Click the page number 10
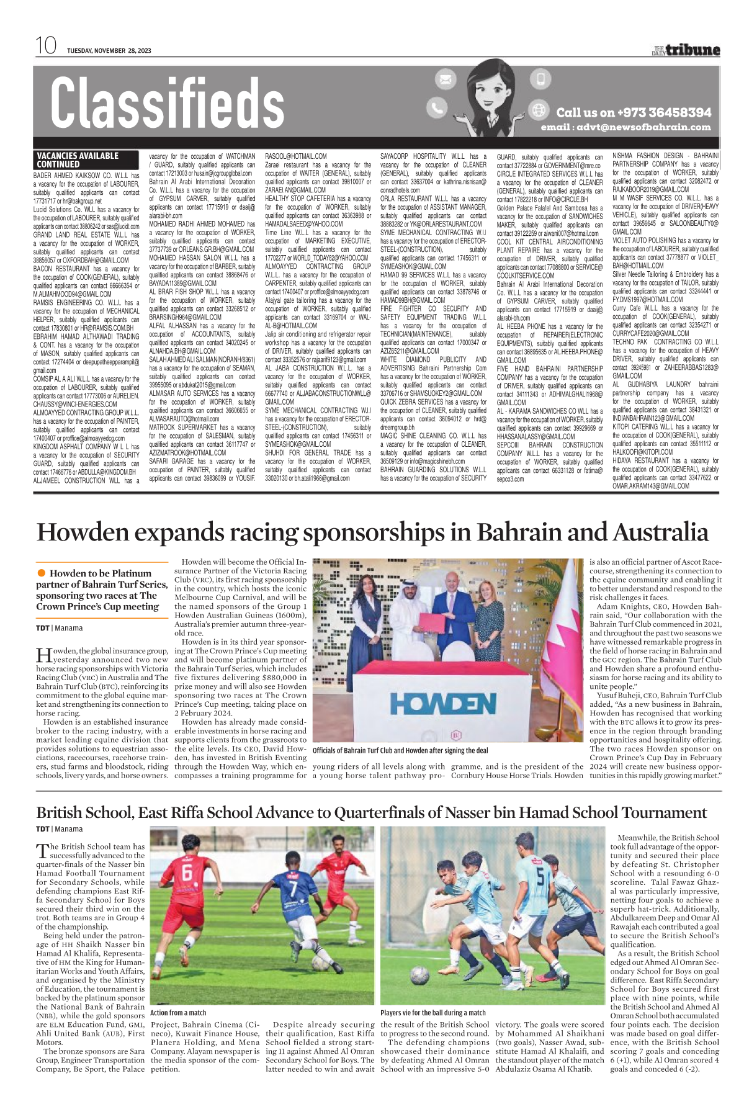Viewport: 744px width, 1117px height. point(46,45)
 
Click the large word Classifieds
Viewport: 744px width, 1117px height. point(167,103)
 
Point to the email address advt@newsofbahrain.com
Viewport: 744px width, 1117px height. point(625,127)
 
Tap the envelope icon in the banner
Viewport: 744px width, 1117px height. point(445,79)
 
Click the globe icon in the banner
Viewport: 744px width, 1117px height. point(539,110)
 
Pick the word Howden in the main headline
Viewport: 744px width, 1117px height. point(83,532)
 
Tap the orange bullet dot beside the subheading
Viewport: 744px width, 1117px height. point(42,573)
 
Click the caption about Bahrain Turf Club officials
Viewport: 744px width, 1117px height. point(400,750)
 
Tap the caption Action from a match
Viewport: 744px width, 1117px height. point(178,1012)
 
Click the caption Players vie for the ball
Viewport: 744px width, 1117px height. point(433,1012)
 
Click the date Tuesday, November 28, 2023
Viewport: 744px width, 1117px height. point(109,50)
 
